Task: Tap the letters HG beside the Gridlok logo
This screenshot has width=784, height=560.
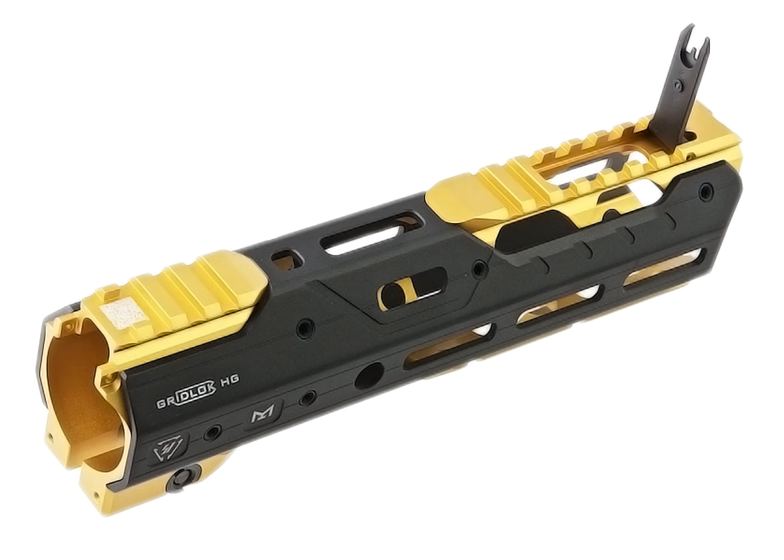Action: [229, 379]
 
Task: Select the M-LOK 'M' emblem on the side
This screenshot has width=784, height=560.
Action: [263, 416]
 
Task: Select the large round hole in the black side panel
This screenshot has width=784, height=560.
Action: [369, 376]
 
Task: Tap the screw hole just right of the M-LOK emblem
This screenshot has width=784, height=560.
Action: [308, 398]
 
